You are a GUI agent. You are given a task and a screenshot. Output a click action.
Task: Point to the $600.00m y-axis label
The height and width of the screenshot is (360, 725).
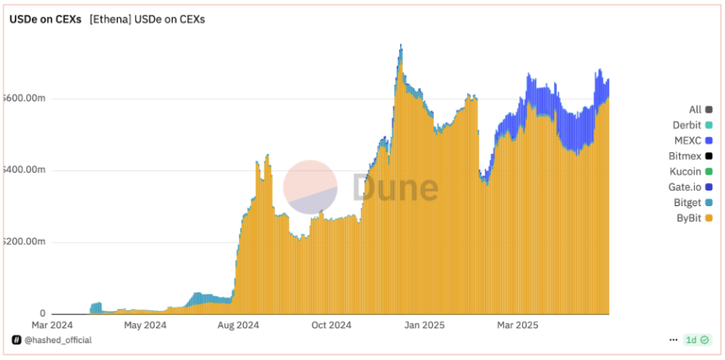pos(24,98)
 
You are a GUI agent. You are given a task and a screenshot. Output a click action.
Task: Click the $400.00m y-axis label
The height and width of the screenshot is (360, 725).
pos(24,170)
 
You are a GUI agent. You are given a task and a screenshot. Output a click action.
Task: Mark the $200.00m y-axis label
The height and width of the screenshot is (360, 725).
pos(24,242)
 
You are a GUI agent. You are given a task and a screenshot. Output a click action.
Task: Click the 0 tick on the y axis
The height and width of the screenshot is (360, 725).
pos(42,313)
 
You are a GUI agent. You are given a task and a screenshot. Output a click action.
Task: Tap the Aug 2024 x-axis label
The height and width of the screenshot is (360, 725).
pos(238,325)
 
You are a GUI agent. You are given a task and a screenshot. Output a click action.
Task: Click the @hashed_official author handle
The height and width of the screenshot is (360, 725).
pos(57,340)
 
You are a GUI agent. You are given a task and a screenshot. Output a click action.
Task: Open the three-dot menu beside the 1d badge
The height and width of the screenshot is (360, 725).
pos(673,340)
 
